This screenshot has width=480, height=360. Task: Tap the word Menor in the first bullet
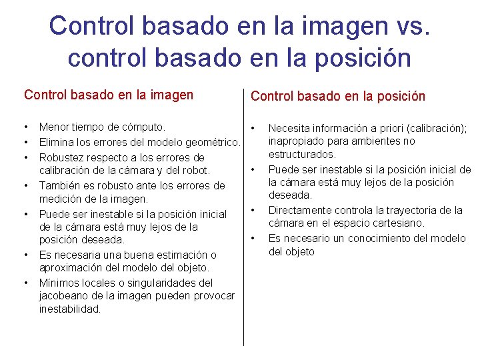(54, 127)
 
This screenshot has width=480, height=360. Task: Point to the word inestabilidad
(69, 309)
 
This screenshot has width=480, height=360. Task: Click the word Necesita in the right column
(289, 127)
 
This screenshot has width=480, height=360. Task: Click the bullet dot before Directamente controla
(253, 211)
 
